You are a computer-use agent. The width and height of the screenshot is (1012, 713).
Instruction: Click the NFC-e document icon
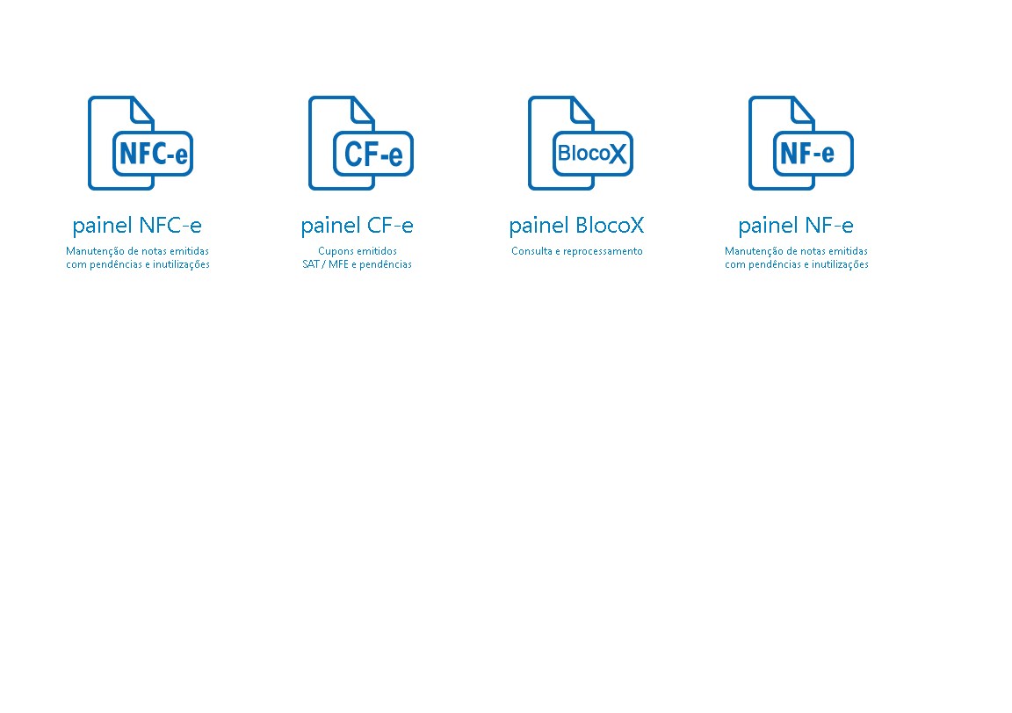click(x=141, y=143)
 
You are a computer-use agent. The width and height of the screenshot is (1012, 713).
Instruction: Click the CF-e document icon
click(x=361, y=143)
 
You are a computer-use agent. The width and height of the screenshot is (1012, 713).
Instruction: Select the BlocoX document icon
click(x=581, y=143)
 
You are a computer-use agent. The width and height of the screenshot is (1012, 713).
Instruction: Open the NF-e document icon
click(x=801, y=143)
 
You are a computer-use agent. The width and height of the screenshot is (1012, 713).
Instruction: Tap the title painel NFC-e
click(x=137, y=226)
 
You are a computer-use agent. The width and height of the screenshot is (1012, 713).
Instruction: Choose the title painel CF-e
click(x=357, y=226)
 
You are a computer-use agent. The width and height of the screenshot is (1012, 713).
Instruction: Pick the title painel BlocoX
click(x=576, y=226)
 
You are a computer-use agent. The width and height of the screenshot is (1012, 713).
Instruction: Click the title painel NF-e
click(x=796, y=226)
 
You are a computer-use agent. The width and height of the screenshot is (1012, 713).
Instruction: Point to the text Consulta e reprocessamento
click(x=577, y=251)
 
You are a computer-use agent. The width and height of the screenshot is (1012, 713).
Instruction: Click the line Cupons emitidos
click(x=358, y=251)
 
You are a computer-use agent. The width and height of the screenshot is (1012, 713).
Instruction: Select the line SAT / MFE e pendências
click(x=357, y=264)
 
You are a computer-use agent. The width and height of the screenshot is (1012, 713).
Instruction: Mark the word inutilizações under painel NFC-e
click(x=181, y=264)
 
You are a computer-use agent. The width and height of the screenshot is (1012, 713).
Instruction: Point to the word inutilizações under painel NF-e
click(x=841, y=264)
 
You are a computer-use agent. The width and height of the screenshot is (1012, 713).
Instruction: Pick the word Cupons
click(x=334, y=252)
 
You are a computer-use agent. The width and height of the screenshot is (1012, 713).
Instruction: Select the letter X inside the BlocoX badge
click(x=618, y=154)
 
